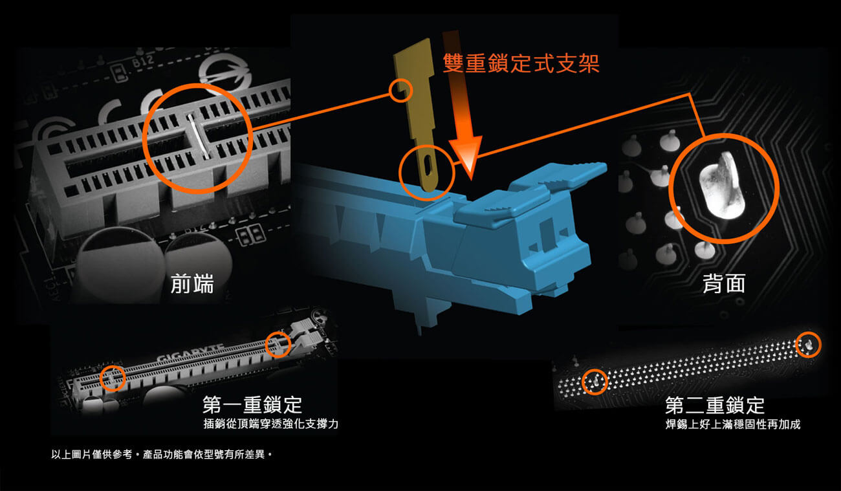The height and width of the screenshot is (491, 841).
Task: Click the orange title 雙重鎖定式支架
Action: pyautogui.click(x=521, y=63)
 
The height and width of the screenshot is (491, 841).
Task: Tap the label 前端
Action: pyautogui.click(x=192, y=283)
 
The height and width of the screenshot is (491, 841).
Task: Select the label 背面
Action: pyautogui.click(x=724, y=283)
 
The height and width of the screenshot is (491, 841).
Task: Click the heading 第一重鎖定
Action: pyautogui.click(x=252, y=405)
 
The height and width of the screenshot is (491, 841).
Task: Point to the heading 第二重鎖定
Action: pyautogui.click(x=715, y=405)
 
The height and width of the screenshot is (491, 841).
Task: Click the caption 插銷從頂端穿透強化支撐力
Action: pyautogui.click(x=270, y=424)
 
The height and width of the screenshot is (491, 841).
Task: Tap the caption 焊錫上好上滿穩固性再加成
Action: pyautogui.click(x=733, y=424)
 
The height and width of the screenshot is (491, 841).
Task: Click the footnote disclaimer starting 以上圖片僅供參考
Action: pyautogui.click(x=162, y=455)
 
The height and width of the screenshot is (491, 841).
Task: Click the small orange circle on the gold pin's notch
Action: pyautogui.click(x=400, y=91)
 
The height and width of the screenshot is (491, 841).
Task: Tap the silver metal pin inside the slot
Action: pyautogui.click(x=198, y=135)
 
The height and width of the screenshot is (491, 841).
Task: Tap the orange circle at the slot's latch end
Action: pyautogui.click(x=278, y=344)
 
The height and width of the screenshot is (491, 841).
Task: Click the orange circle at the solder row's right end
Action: pyautogui.click(x=809, y=345)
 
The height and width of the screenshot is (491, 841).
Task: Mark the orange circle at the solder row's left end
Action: pyautogui.click(x=595, y=382)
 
